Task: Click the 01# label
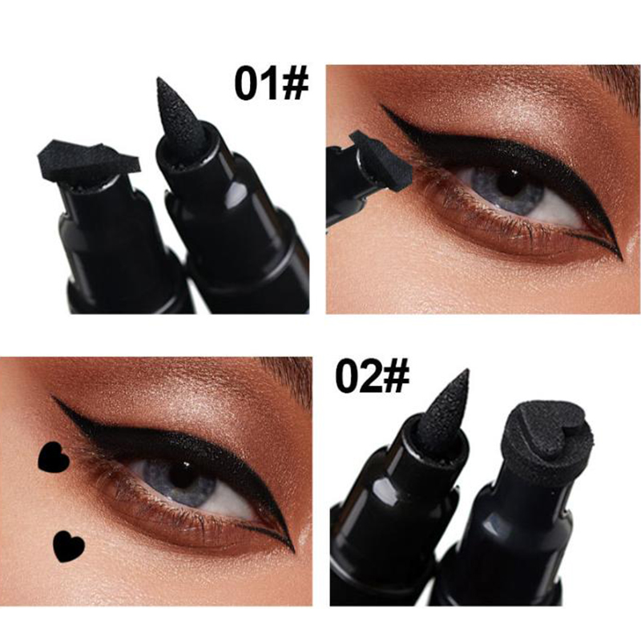click(x=271, y=85)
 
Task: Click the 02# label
click(x=372, y=377)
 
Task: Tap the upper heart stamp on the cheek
click(x=54, y=457)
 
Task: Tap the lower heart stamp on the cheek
click(x=69, y=546)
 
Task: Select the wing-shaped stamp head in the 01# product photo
click(x=89, y=161)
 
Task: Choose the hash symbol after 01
click(x=295, y=85)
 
